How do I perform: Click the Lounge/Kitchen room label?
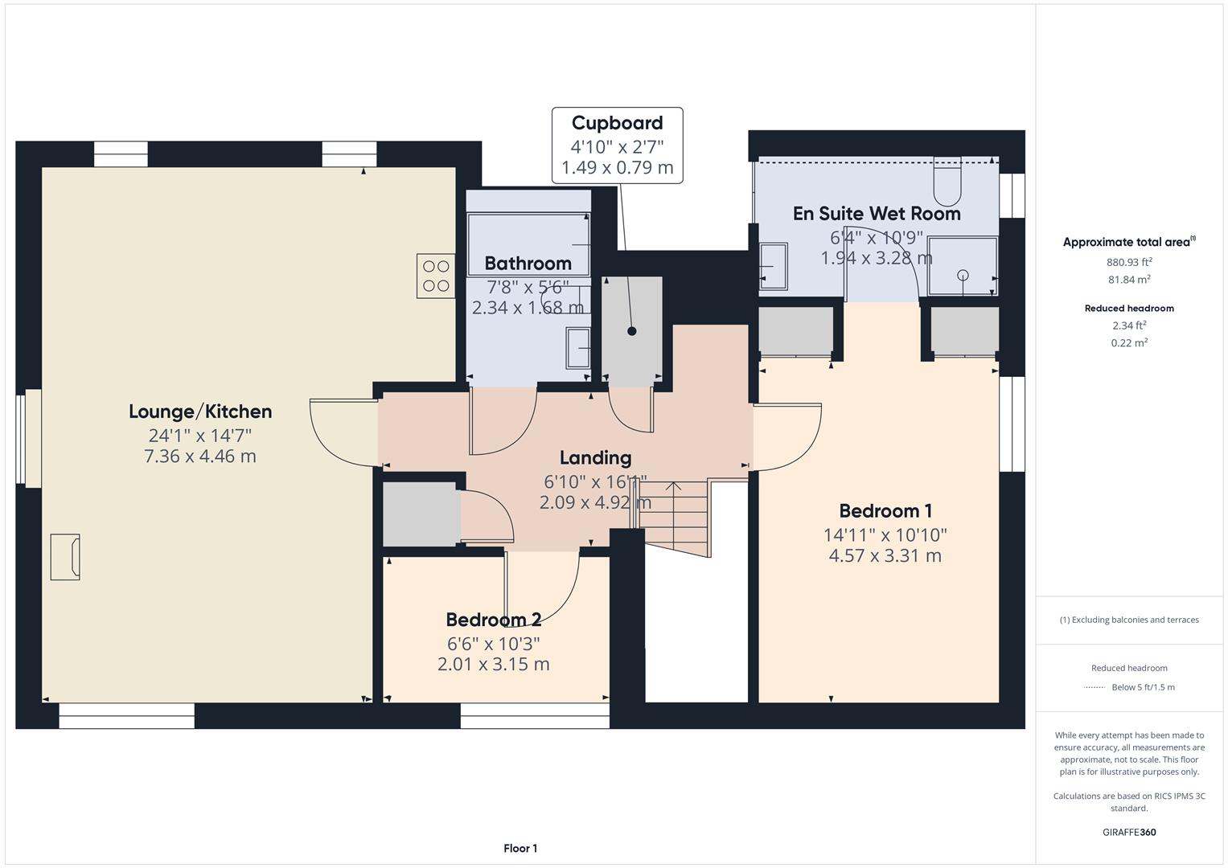tap(200, 411)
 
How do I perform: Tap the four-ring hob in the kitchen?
tap(435, 276)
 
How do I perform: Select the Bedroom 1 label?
tap(885, 511)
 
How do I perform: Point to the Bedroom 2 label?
tap(493, 620)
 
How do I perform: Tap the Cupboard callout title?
tap(617, 123)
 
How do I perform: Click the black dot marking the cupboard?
tap(632, 331)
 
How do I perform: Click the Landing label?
tap(595, 458)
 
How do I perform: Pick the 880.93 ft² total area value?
tap(1129, 262)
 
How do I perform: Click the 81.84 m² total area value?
tap(1129, 280)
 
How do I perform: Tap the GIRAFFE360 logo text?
tap(1129, 832)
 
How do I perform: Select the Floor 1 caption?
tap(520, 848)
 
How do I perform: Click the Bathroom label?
tap(528, 264)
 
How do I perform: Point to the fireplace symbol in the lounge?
tap(65, 556)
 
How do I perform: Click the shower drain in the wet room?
tap(963, 275)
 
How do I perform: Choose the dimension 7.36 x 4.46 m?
tap(200, 457)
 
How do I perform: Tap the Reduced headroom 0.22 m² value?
tap(1129, 342)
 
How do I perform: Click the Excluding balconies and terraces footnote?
tap(1129, 620)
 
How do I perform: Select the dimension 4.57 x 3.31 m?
tap(885, 555)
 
